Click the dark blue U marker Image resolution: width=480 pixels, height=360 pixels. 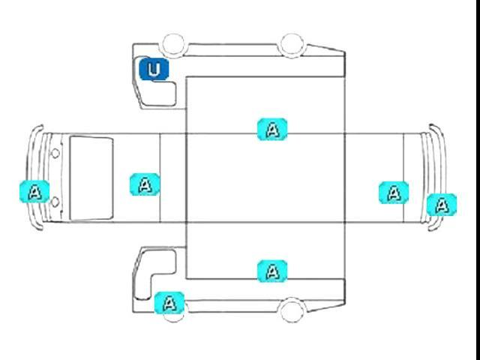[154, 70]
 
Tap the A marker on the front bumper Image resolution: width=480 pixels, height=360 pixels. [34, 191]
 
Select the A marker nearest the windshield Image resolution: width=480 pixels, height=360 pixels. [145, 184]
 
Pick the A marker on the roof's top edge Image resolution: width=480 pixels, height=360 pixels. [272, 129]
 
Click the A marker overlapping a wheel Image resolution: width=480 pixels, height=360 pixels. [169, 304]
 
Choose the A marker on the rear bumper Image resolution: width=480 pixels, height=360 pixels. [442, 203]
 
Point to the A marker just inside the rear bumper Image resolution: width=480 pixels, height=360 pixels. [394, 193]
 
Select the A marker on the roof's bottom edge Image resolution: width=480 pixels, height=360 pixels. [272, 271]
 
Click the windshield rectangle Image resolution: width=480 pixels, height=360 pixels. [91, 178]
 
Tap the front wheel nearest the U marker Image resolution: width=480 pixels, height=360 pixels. [174, 44]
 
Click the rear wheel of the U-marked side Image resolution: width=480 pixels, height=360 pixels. [291, 44]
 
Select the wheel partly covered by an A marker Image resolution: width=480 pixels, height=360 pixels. [175, 311]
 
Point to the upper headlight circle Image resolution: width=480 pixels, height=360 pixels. [55, 153]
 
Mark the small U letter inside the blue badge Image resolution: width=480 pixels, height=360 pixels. [154, 70]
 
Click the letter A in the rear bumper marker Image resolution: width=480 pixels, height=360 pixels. [442, 203]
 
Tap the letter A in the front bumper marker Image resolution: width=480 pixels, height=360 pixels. [34, 191]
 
